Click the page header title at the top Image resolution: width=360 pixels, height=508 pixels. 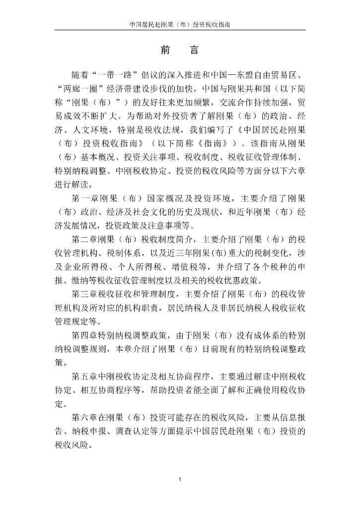pyautogui.click(x=180, y=23)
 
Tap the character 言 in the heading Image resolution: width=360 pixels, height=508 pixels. pyautogui.click(x=194, y=50)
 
